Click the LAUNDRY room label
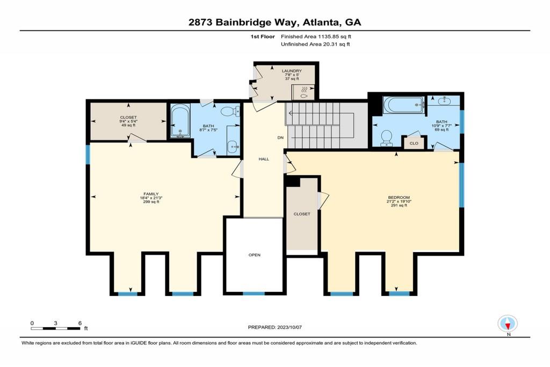click(292, 71)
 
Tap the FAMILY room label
click(151, 194)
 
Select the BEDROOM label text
click(399, 198)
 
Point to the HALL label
click(264, 159)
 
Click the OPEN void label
click(255, 255)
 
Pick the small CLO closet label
click(414, 143)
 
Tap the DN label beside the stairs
click(280, 138)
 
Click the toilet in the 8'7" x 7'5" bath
click(230, 111)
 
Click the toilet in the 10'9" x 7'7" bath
click(387, 138)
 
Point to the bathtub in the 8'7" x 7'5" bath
click(180, 121)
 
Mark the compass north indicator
click(508, 323)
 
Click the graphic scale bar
click(55, 329)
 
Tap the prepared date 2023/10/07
click(290, 327)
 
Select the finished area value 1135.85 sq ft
click(335, 37)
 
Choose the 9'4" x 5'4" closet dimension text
click(128, 121)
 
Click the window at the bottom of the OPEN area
click(254, 294)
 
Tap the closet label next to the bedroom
click(302, 214)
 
